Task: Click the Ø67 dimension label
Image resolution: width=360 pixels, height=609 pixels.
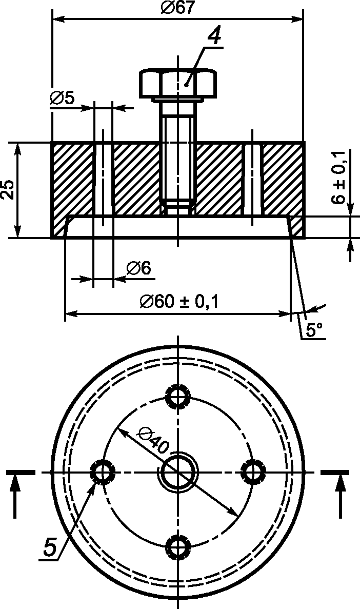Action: click(x=177, y=8)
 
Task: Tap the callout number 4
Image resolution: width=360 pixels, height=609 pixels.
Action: click(x=214, y=37)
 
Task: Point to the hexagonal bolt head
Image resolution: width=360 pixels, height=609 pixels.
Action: click(x=178, y=84)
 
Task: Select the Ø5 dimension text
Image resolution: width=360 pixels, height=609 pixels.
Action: click(x=62, y=99)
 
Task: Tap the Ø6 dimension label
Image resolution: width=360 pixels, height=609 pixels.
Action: click(x=138, y=268)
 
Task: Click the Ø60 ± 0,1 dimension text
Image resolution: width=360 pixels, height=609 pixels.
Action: click(x=179, y=302)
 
